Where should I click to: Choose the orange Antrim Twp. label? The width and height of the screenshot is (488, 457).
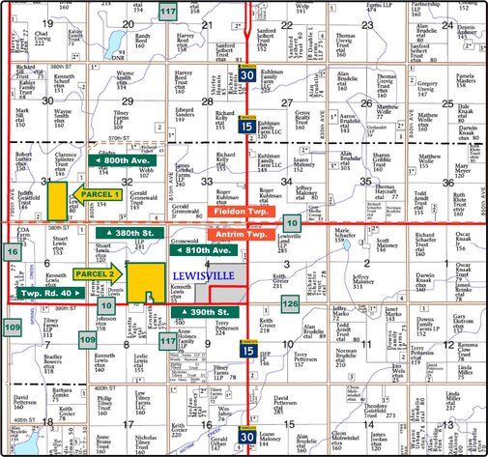(238, 235)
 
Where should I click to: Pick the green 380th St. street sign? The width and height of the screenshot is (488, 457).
(128, 234)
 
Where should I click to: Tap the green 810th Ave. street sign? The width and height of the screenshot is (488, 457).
(204, 250)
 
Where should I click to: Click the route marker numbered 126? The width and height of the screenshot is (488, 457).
(291, 304)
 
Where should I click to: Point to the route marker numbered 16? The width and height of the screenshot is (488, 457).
(11, 252)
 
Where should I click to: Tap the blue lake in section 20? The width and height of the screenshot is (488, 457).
(118, 43)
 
